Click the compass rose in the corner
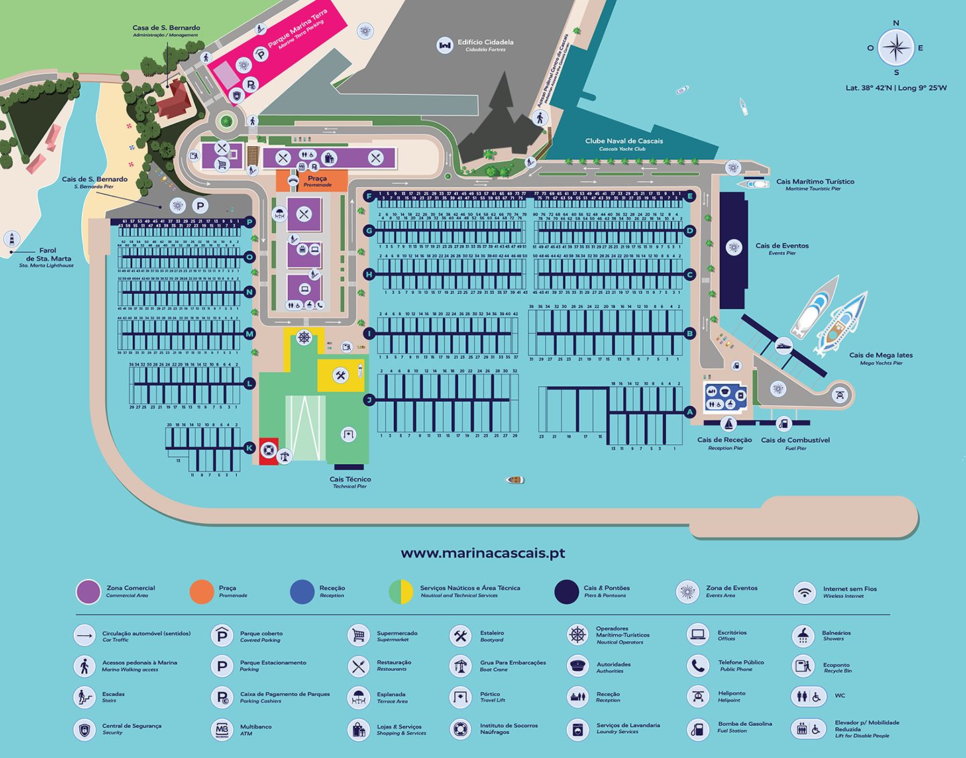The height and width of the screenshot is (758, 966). (896, 48)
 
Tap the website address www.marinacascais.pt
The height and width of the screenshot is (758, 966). (482, 553)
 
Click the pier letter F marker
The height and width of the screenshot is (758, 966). (368, 197)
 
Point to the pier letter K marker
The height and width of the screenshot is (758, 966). (250, 448)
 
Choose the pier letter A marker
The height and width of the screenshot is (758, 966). (690, 413)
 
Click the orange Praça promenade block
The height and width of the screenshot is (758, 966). (312, 180)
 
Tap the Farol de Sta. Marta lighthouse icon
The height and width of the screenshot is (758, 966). (11, 239)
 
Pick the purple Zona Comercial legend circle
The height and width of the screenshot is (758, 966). (89, 592)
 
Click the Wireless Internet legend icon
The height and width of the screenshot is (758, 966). (804, 592)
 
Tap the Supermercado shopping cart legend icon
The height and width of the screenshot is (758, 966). (359, 635)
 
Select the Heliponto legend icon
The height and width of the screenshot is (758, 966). (698, 696)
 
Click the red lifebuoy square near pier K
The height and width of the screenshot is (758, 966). (268, 450)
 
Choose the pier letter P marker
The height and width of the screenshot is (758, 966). (250, 222)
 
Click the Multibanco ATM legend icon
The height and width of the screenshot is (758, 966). (222, 729)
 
